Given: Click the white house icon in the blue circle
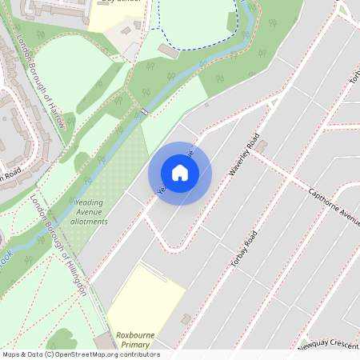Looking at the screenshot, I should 180,173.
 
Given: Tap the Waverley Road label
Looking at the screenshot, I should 245,155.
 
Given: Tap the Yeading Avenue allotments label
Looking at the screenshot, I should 89,212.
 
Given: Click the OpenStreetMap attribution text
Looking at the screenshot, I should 80,354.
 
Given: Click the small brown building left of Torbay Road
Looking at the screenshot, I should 186,318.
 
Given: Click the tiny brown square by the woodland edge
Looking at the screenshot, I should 206,104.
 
